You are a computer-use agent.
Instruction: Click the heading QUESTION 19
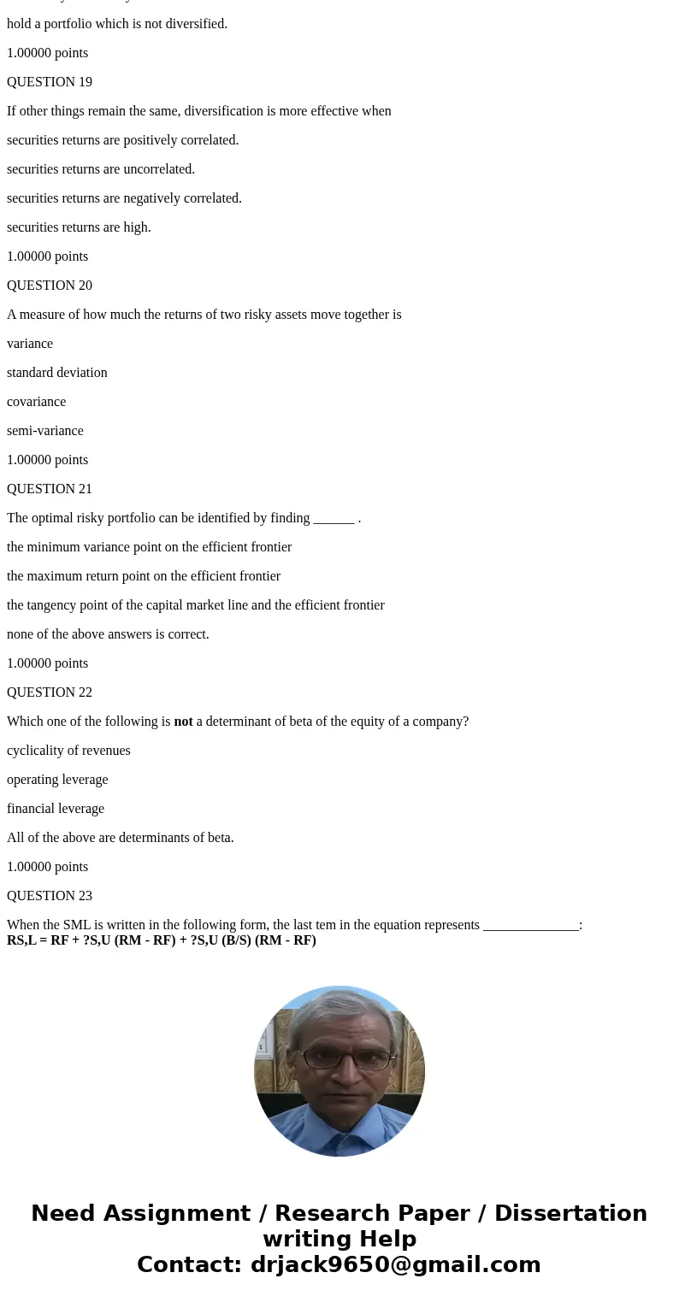point(50,82)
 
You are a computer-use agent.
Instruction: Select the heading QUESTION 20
point(50,286)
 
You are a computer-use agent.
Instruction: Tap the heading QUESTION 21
point(50,489)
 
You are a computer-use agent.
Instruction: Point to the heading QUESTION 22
point(50,692)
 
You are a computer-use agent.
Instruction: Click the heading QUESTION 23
point(50,896)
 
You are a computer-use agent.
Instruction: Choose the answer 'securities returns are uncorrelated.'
point(101,169)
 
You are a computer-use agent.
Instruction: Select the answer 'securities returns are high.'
point(79,227)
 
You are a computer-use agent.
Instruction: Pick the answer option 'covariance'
point(36,402)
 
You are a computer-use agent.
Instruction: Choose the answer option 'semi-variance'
point(45,431)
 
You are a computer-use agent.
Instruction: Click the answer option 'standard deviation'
point(57,373)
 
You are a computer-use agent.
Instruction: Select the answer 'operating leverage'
point(57,780)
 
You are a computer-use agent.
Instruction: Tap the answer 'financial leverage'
point(56,809)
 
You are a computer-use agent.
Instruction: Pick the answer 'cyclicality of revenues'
point(68,751)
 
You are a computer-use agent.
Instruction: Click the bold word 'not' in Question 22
point(183,722)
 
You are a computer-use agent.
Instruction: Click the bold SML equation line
point(162,940)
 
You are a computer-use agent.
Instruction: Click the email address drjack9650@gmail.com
point(395,1265)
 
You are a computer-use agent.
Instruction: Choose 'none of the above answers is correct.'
point(108,634)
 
